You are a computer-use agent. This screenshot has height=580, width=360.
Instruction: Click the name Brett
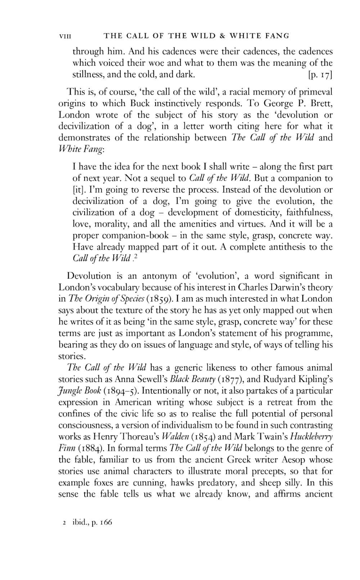click(x=320, y=104)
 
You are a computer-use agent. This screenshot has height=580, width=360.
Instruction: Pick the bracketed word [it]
click(x=78, y=190)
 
